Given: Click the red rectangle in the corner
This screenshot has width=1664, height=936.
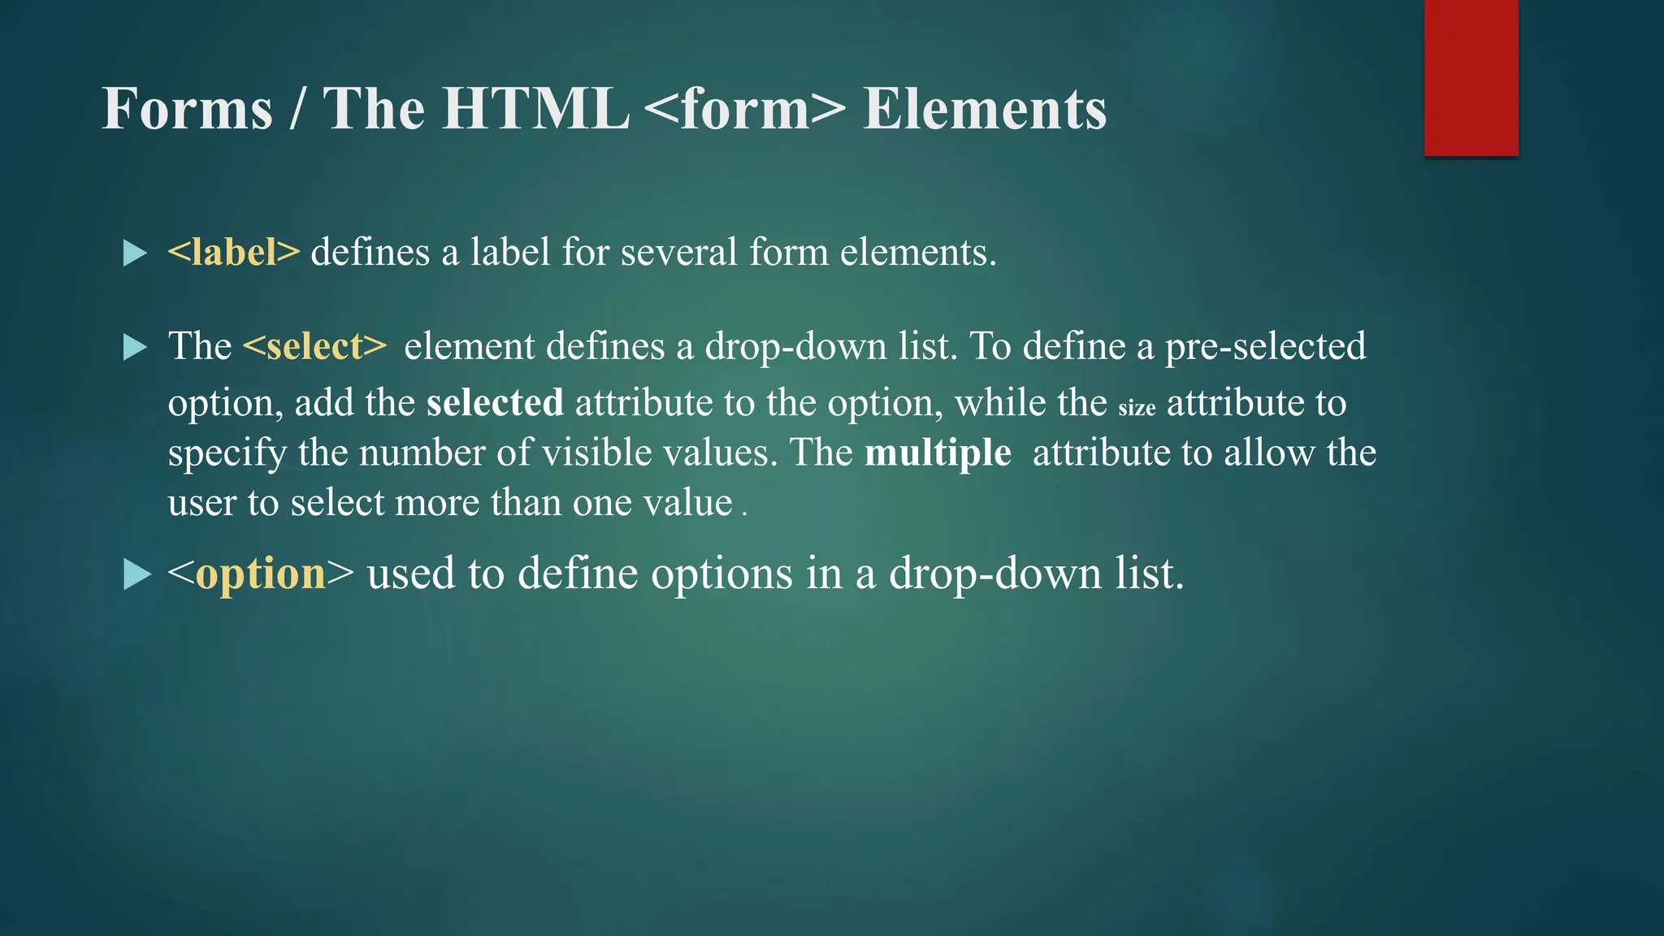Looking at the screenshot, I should [1471, 78].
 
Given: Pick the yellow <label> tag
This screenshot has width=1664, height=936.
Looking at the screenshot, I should [234, 252].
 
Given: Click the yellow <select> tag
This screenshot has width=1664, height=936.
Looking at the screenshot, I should [314, 347].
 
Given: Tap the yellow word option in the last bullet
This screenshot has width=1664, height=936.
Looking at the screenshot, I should [261, 574].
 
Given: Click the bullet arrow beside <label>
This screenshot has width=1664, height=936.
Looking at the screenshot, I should [135, 253].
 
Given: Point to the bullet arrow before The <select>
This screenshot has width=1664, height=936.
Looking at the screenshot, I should [135, 348].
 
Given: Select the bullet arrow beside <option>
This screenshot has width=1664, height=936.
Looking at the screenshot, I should [136, 575].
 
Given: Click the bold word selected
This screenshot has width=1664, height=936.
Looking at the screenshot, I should [495, 403].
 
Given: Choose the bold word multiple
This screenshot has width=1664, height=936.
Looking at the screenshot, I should [938, 453].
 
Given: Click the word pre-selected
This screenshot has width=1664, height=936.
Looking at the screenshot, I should [1265, 347].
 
